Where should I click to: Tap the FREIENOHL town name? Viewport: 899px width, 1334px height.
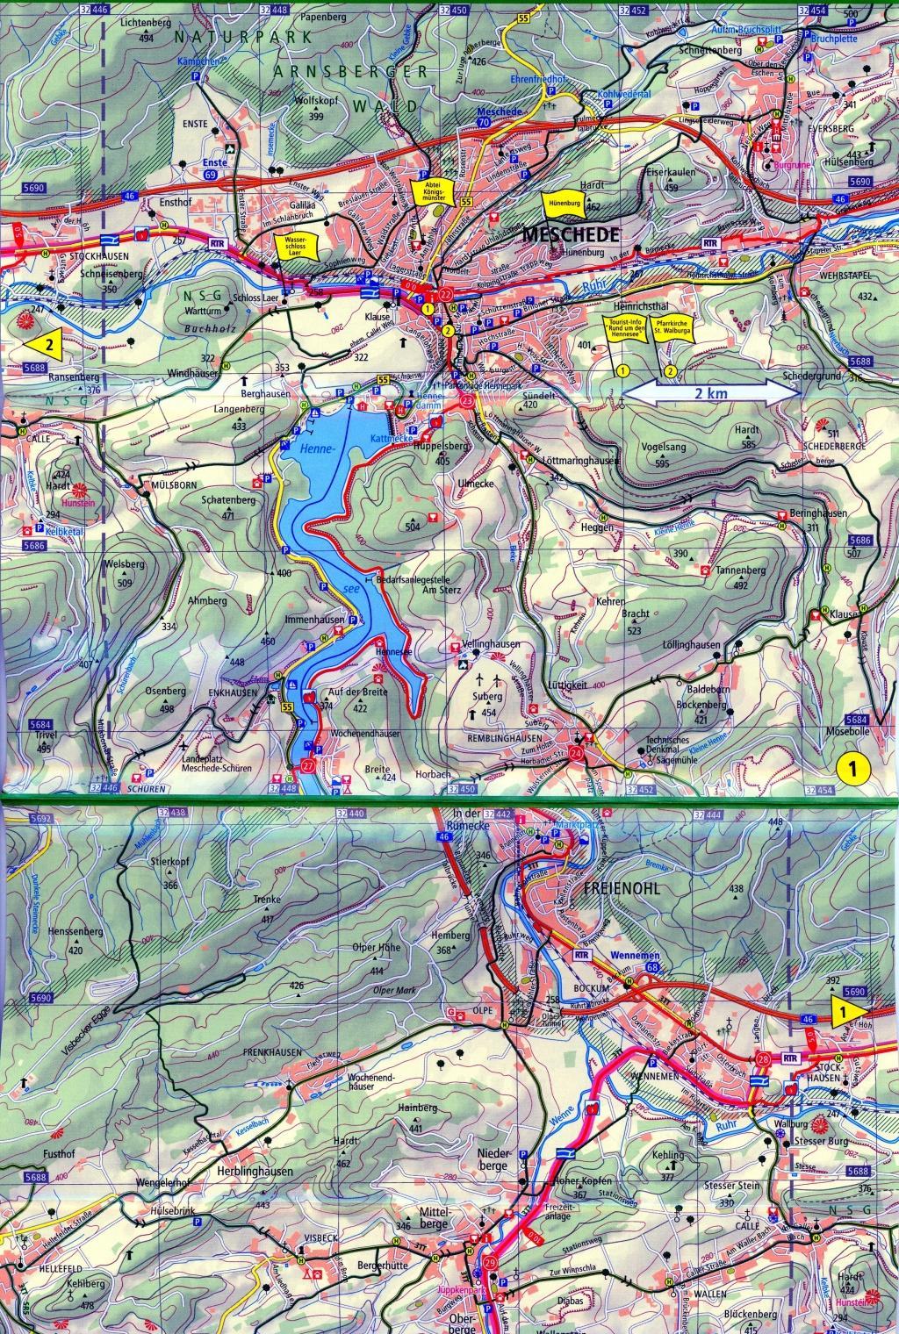(x=620, y=887)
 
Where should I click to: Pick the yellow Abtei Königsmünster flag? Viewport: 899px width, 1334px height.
(x=431, y=192)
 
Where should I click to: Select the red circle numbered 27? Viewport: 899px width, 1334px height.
(x=307, y=764)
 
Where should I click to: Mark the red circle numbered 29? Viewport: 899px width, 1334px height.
(x=490, y=1262)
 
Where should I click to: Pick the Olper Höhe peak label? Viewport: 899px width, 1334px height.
(x=378, y=948)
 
